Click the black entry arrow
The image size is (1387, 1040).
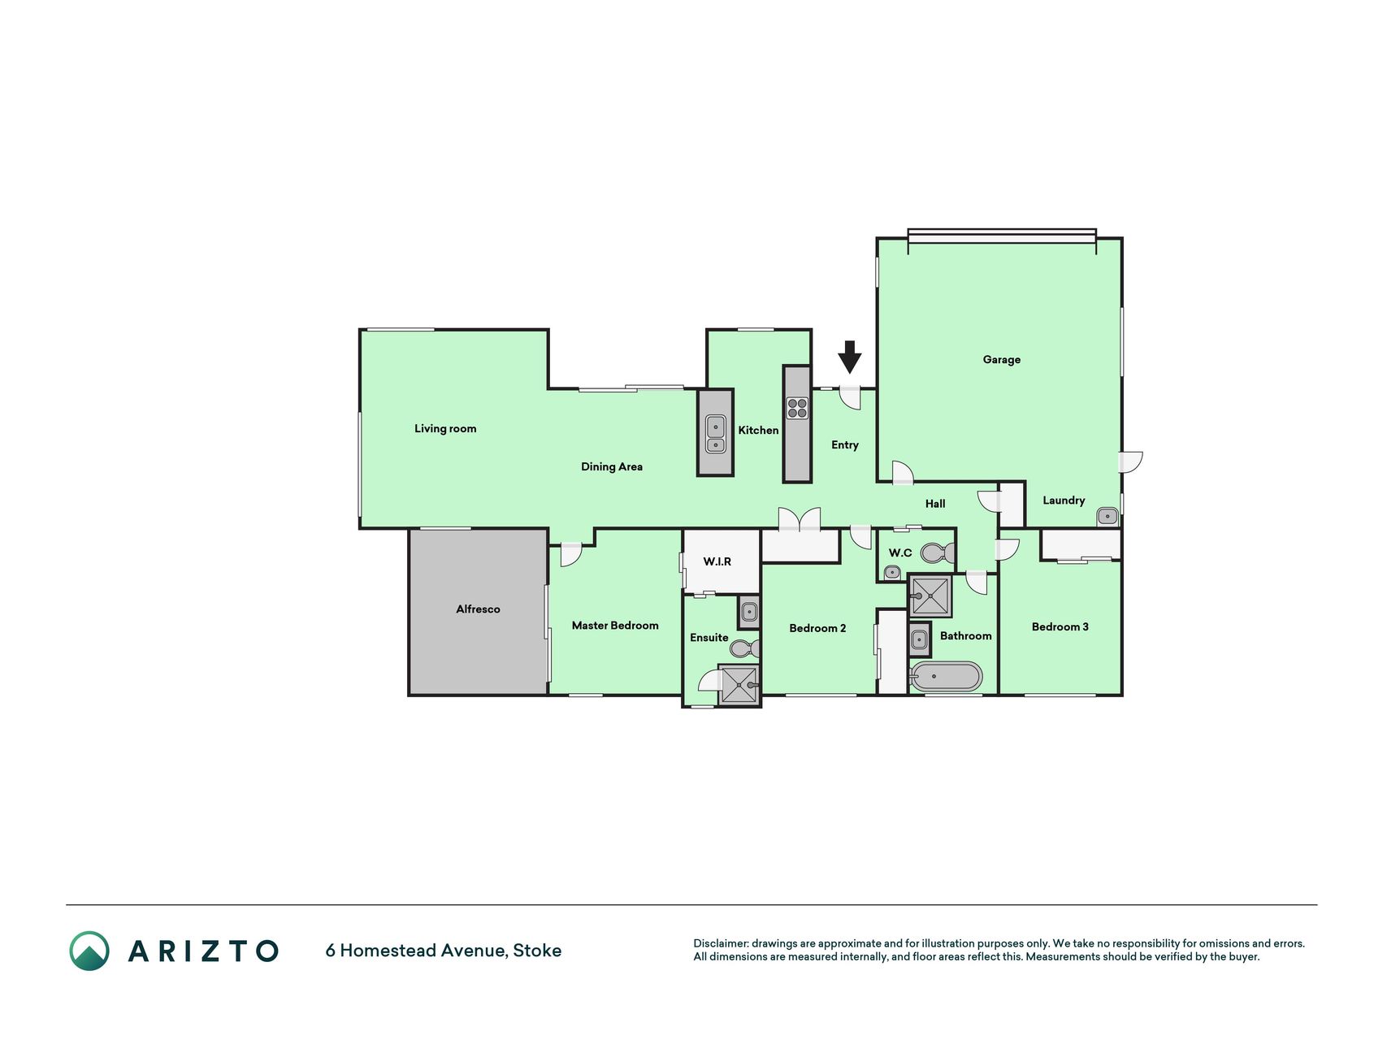(849, 357)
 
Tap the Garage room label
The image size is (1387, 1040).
(1001, 359)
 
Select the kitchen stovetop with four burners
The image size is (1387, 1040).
(797, 408)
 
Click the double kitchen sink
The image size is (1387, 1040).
(715, 434)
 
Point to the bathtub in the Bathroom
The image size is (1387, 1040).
(946, 676)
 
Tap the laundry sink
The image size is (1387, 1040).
(1107, 516)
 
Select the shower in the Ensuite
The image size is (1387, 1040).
(739, 684)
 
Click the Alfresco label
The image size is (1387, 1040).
(478, 609)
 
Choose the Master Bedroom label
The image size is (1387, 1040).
(615, 625)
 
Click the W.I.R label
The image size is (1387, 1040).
(717, 561)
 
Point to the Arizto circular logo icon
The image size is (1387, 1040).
(89, 951)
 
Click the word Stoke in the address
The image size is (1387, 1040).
(537, 950)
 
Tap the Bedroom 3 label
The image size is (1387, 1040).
(1060, 626)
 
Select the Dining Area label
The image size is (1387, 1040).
(612, 466)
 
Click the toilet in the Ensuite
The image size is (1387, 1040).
(744, 648)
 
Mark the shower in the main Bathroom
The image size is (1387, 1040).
(930, 596)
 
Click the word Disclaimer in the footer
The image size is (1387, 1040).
(720, 943)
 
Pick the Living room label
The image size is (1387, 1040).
(445, 428)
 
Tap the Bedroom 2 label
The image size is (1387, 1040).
(817, 628)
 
